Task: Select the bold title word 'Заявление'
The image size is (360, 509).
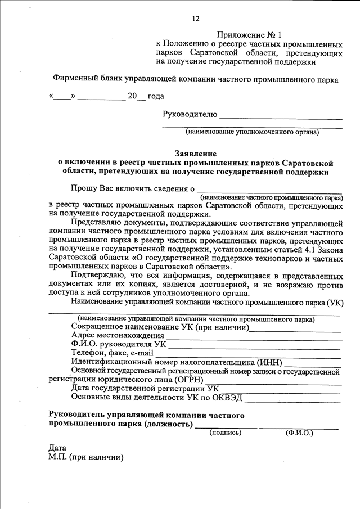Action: tap(195, 153)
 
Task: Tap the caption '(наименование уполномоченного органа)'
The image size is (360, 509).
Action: tap(253, 133)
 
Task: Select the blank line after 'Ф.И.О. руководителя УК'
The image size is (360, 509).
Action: tap(256, 346)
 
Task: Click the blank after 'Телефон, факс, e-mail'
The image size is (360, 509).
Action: tap(247, 355)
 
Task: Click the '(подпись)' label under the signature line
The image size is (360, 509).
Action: tap(225, 433)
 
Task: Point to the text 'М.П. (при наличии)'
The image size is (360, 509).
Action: tap(86, 457)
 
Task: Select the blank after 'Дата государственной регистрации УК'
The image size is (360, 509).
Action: tap(281, 389)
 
